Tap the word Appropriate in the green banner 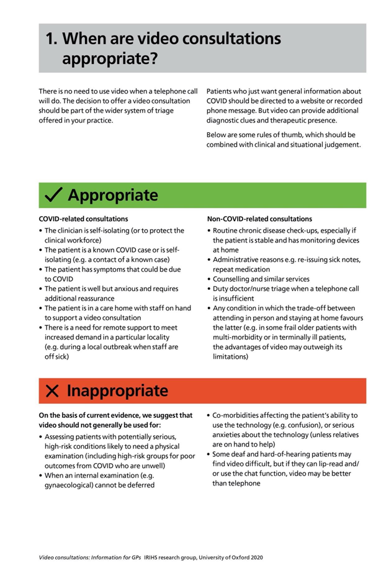[113, 196]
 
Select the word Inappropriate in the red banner [117, 391]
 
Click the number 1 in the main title [51, 38]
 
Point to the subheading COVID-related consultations [83, 219]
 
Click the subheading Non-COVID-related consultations [259, 219]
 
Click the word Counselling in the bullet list [231, 279]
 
